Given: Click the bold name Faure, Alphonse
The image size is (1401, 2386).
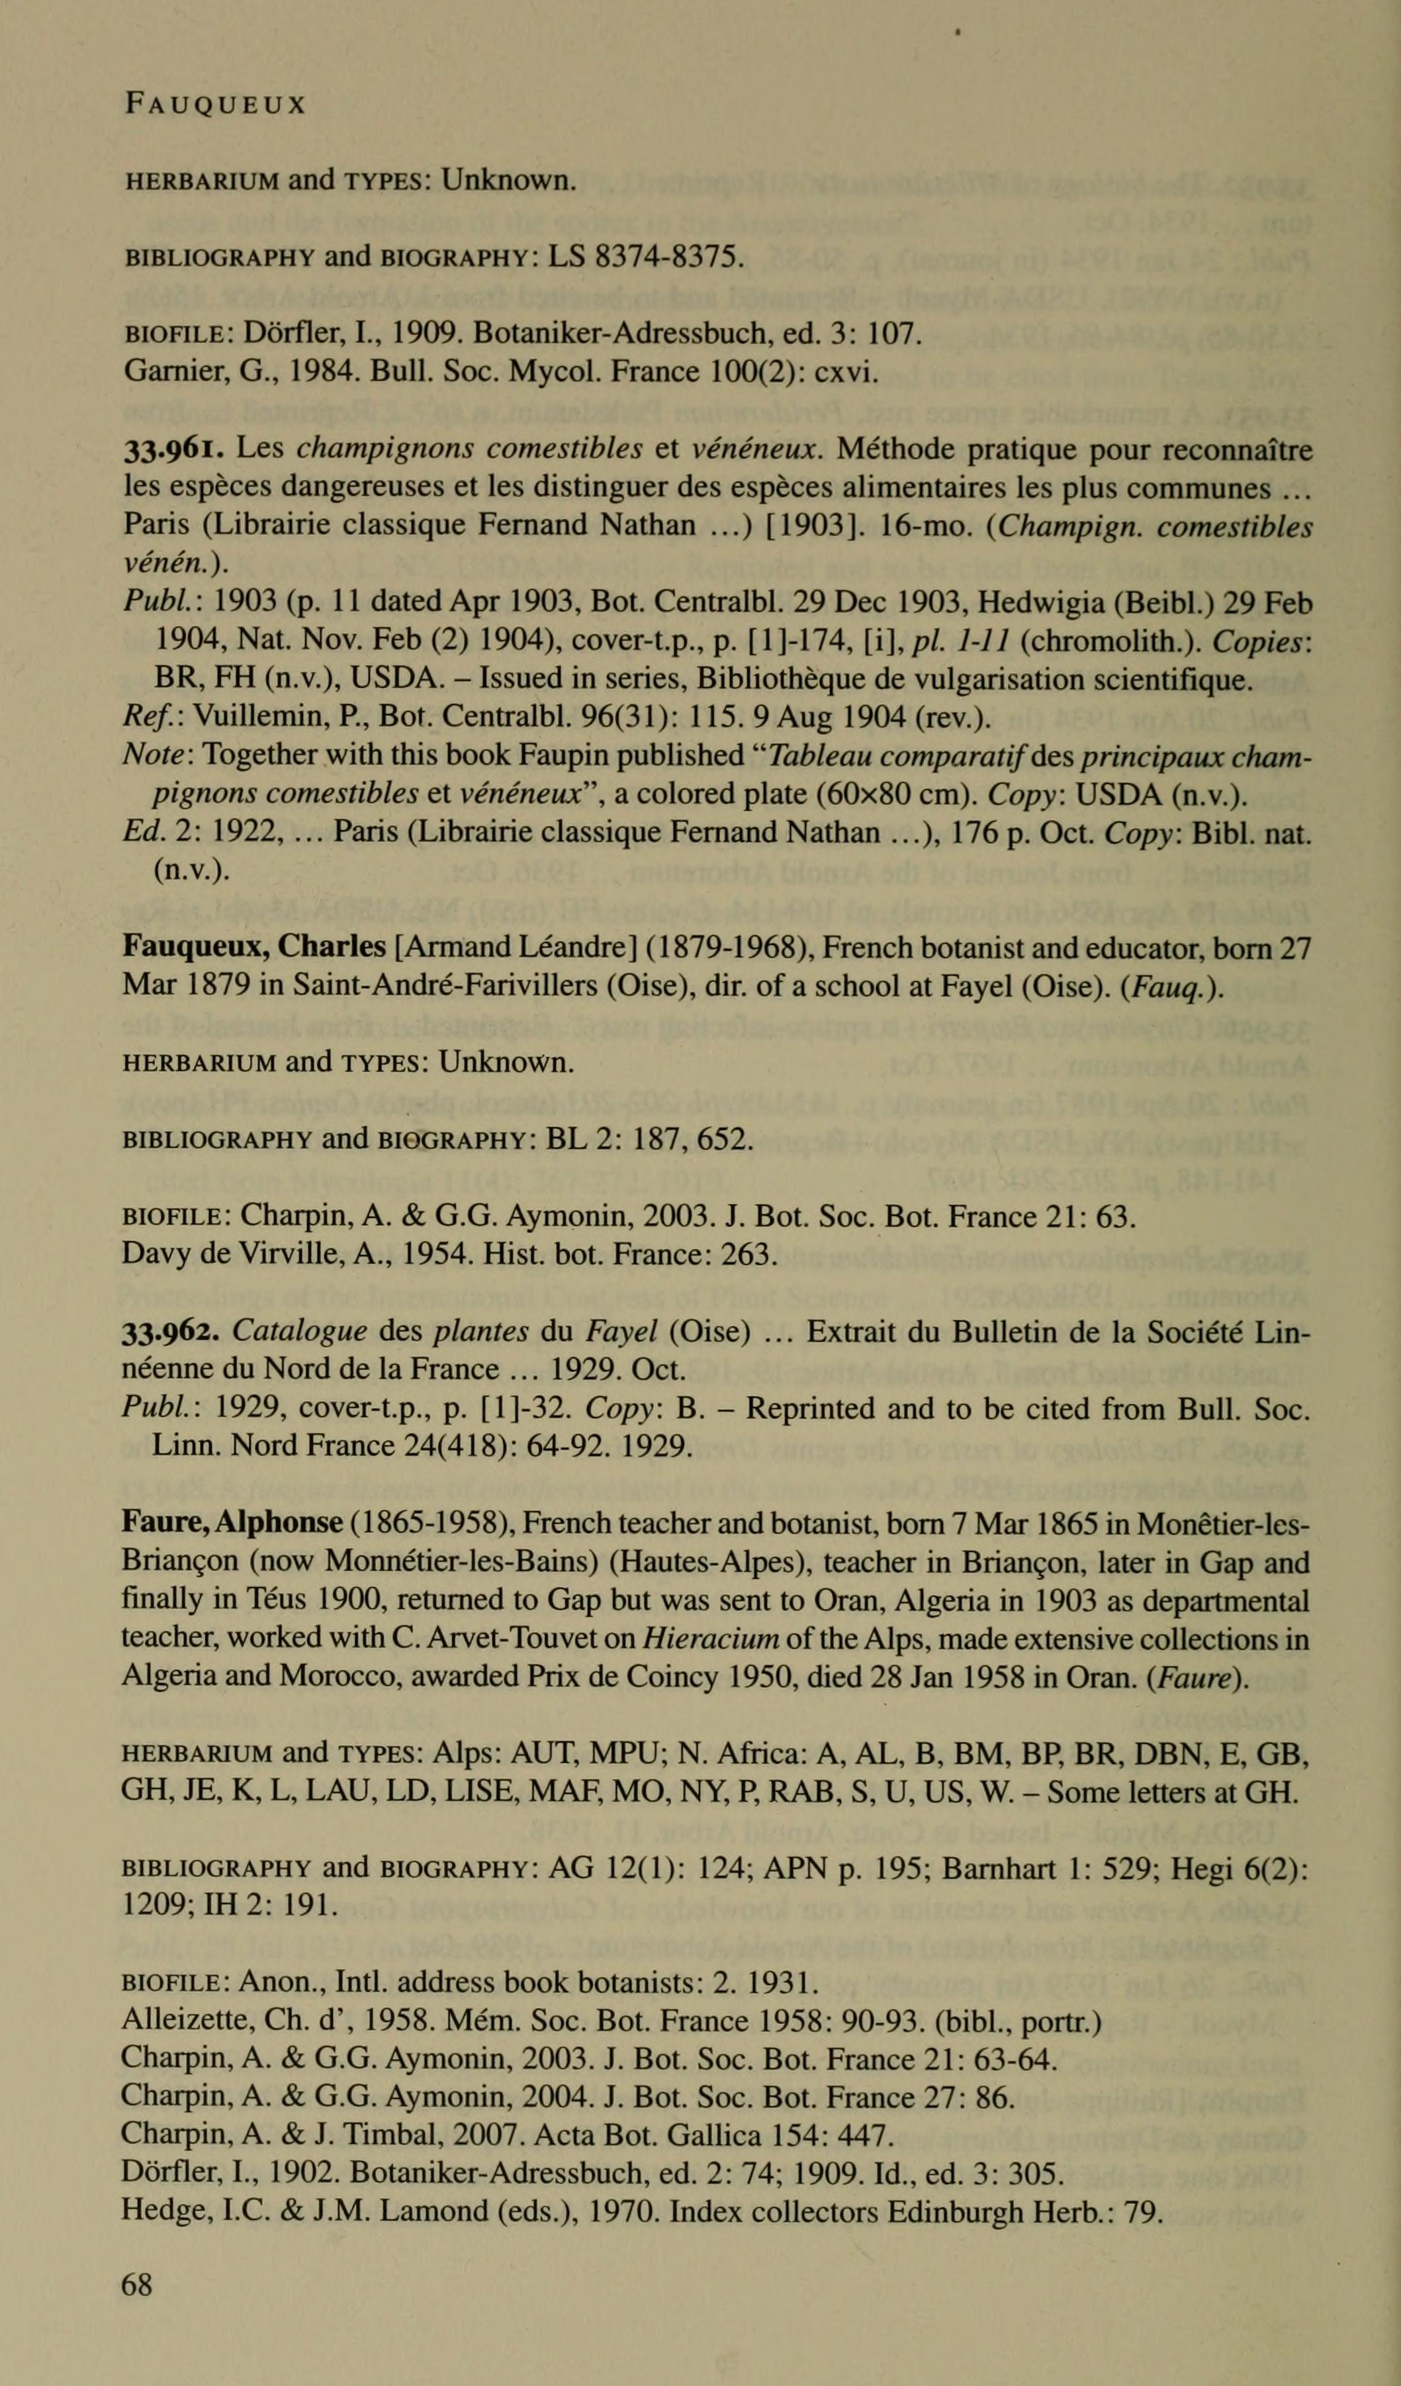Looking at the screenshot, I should (232, 1522).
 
